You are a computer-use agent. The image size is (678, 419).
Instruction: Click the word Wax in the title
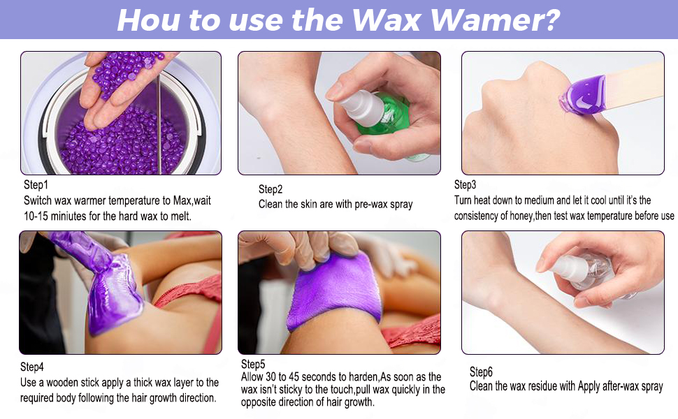(386, 20)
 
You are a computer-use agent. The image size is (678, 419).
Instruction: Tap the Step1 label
(36, 185)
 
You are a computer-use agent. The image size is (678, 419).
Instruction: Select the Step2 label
(271, 189)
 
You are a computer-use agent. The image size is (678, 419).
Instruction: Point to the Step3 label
(466, 185)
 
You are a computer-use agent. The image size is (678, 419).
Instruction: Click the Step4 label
(32, 367)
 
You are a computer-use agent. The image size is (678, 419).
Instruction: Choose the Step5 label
(253, 364)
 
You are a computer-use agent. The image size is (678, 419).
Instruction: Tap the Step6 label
(482, 372)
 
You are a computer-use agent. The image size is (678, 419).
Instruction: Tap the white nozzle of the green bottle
(361, 108)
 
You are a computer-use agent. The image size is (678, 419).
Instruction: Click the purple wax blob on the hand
(582, 96)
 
